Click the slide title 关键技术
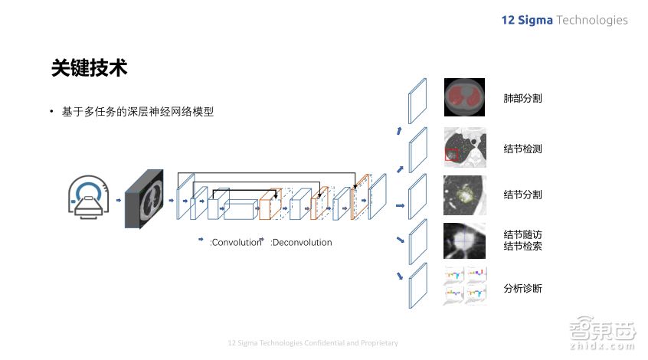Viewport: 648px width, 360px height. [89, 68]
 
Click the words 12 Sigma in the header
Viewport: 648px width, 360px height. [526, 20]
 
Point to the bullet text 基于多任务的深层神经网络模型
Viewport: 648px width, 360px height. [138, 112]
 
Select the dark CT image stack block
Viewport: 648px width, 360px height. [145, 198]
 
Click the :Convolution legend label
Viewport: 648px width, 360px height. [235, 243]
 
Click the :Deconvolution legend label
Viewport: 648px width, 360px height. [301, 243]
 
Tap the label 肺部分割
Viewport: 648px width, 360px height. [522, 99]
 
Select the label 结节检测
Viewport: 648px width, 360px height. [522, 149]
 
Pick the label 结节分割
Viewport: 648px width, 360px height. [522, 195]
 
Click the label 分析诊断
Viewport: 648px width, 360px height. [522, 289]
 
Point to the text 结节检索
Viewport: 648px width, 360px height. [522, 246]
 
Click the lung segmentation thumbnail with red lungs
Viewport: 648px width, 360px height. [464, 97]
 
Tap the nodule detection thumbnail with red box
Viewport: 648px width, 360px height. [464, 146]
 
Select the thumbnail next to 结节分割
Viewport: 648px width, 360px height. [464, 195]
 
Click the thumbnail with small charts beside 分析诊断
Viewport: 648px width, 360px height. [464, 285]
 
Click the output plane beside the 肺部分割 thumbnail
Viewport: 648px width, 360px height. [417, 100]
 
